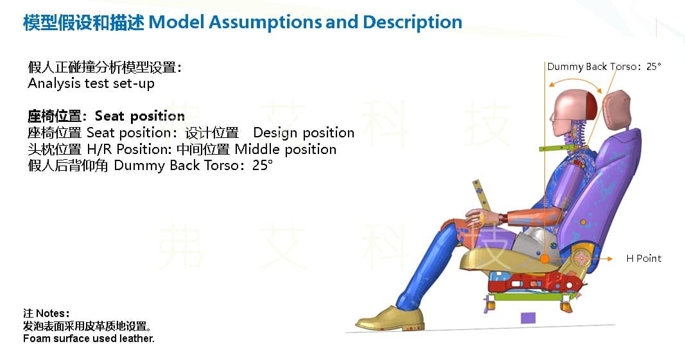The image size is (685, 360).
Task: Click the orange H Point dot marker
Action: coord(545,259)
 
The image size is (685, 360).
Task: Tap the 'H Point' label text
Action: coord(643,258)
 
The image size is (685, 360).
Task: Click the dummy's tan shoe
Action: coord(390,318)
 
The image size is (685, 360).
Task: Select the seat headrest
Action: coord(616,110)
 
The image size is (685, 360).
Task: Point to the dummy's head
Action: coord(573,112)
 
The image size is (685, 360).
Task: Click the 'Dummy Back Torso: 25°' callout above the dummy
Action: coord(604,66)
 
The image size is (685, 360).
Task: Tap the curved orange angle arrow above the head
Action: coord(575,81)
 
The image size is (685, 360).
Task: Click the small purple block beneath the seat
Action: coord(528,318)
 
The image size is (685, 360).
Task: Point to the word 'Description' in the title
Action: coord(412,22)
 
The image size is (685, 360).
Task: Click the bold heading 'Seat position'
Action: coord(140,116)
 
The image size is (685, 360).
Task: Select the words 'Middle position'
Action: coord(286,149)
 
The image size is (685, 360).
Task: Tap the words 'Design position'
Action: coord(304,132)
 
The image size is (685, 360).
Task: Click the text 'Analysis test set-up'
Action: coord(91,83)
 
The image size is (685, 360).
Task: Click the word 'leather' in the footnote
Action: coord(138,338)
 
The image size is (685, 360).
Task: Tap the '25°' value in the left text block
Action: coord(263,165)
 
